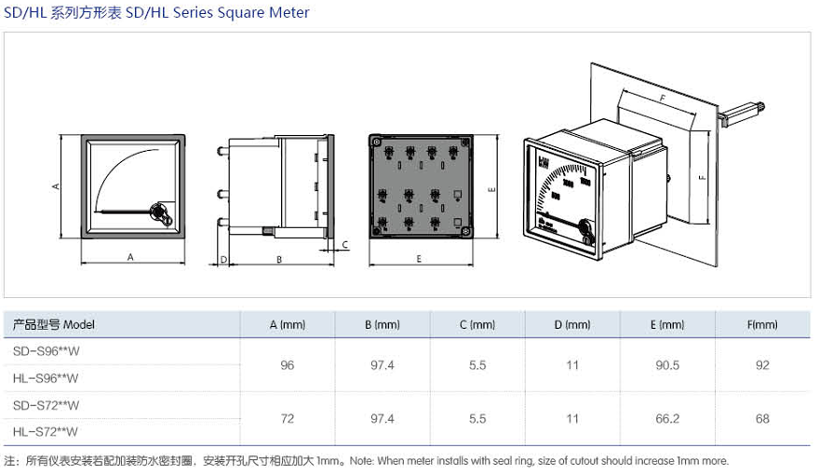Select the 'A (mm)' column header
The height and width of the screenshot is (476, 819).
point(287,325)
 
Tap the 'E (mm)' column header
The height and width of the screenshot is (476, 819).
point(666,325)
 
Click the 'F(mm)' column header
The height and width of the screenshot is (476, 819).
point(762,325)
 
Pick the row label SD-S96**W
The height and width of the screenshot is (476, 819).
point(46,351)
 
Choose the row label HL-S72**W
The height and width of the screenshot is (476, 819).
point(46,431)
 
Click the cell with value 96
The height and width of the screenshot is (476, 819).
point(287,365)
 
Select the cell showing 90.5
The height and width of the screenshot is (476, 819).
point(666,365)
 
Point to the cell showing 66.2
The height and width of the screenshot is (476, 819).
point(666,418)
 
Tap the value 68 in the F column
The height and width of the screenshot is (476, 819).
point(762,418)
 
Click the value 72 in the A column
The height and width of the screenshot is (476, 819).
point(287,418)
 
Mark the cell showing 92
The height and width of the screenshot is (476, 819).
point(762,365)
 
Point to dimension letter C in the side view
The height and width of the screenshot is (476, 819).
point(344,245)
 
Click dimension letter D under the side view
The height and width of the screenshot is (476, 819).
point(223,259)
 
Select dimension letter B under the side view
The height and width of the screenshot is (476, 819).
point(279,259)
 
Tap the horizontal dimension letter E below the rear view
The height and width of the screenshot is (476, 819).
point(419,259)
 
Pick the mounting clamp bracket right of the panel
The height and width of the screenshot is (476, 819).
point(741,113)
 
